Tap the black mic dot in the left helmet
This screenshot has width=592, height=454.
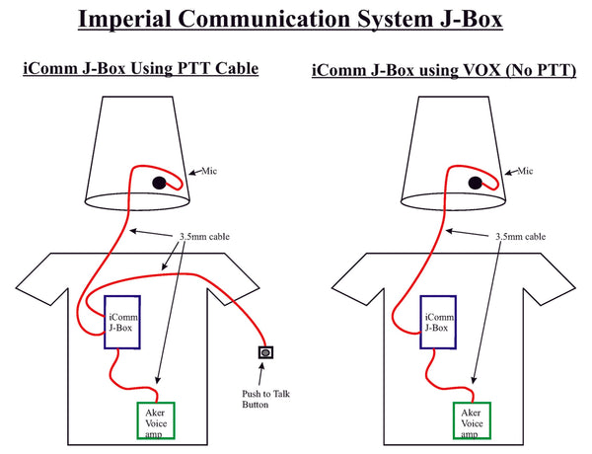[x=159, y=183]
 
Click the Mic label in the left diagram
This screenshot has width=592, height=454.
[x=208, y=172]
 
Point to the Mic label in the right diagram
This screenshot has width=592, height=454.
[x=527, y=171]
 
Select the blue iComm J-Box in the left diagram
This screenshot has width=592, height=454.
[x=124, y=323]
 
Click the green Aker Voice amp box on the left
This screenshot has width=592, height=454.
[x=154, y=419]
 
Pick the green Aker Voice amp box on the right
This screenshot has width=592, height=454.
[x=473, y=419]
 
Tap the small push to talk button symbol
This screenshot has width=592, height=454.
[x=264, y=352]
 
